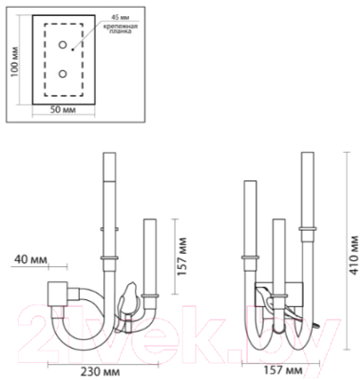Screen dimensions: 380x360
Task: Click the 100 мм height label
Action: pyautogui.click(x=13, y=61)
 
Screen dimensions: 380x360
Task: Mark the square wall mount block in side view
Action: pyautogui.click(x=55, y=294)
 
